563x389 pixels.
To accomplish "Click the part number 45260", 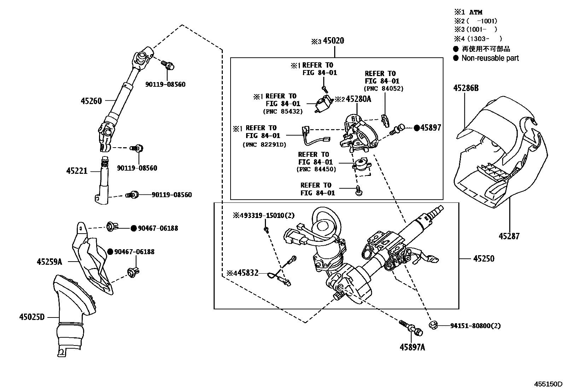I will [x=91, y=101].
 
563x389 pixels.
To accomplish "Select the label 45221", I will [x=76, y=171].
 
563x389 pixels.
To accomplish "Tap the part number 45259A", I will [x=49, y=262].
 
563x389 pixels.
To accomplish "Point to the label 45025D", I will [x=32, y=317].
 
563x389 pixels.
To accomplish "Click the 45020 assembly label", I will [x=333, y=41].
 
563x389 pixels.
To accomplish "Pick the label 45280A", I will [x=358, y=99].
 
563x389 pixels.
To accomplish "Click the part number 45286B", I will [x=466, y=88].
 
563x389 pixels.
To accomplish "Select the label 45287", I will [x=509, y=236].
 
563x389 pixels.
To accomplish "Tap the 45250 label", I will [x=484, y=259].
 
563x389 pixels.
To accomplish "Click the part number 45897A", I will [x=412, y=347].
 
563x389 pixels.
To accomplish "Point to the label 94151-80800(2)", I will [x=475, y=326].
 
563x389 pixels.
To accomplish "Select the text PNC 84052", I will [x=384, y=89].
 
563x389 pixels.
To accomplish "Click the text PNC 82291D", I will [x=264, y=144].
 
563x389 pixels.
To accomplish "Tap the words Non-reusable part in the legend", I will [x=490, y=58].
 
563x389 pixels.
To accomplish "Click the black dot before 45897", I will [x=417, y=128].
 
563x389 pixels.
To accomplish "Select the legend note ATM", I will [x=476, y=12].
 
